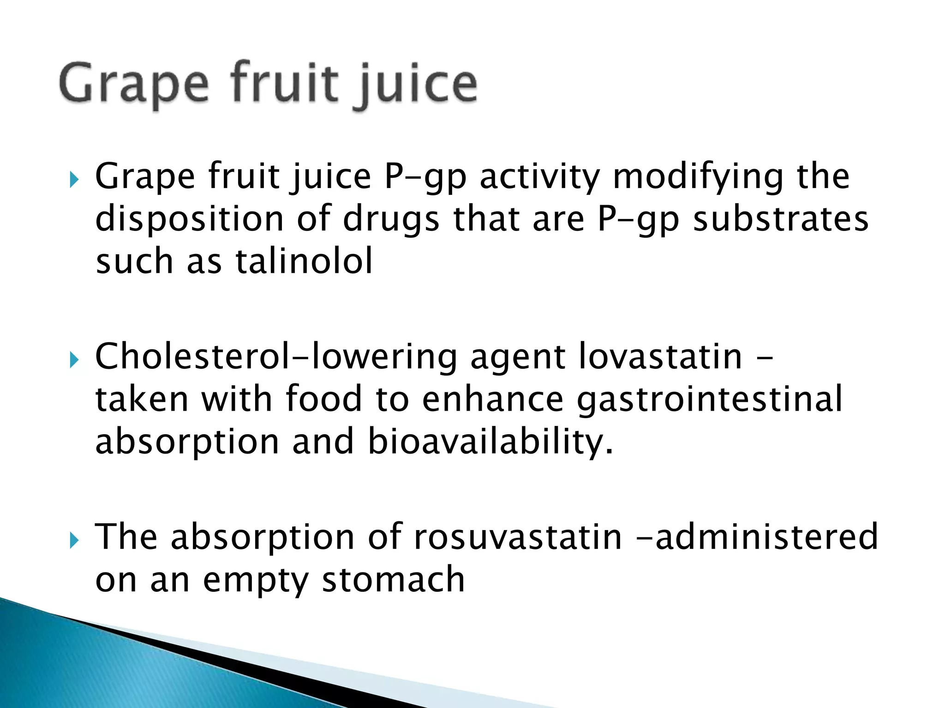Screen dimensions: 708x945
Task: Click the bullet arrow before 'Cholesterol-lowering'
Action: (x=74, y=359)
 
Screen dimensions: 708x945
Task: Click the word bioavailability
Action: (x=490, y=442)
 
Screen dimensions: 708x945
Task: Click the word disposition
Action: (x=190, y=219)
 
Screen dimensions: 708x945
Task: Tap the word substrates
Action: (x=781, y=219)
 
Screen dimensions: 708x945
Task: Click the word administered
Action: (x=766, y=537)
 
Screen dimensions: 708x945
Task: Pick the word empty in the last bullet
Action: (x=256, y=579)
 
